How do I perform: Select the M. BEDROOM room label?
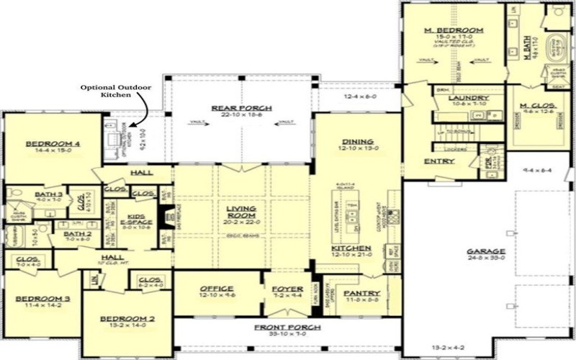454,30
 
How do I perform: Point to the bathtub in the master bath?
559,49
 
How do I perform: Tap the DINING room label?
357,141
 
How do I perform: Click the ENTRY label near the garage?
438,161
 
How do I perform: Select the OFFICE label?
217,289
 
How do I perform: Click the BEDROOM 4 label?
53,144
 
